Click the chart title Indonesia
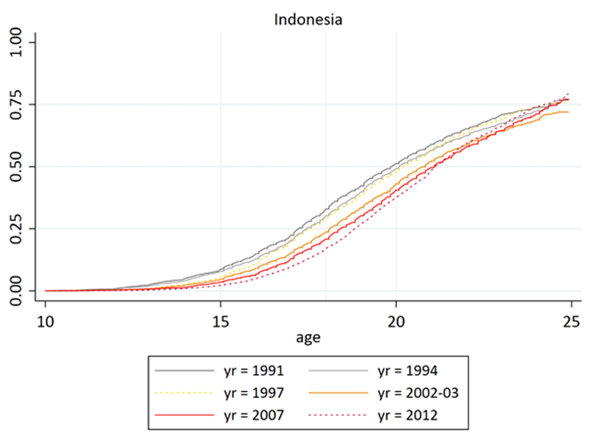coord(308,19)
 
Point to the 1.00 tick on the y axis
coord(16,42)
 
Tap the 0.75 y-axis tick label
coord(16,105)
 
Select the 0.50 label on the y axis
coord(16,167)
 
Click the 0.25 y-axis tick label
coord(16,229)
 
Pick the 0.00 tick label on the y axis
coord(16,291)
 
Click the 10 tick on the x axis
coord(45,322)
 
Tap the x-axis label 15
coord(221,322)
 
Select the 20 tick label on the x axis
coord(396,322)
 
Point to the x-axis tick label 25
coord(572,322)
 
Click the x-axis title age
coord(308,338)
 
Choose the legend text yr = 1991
coord(254,371)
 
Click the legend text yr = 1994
coord(408,371)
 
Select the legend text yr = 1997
coord(254,393)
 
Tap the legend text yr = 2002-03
coord(418,393)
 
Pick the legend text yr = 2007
coord(254,416)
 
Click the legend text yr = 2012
coord(408,416)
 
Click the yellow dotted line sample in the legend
coord(184,393)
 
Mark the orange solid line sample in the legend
coord(338,393)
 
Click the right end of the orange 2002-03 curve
coord(569,112)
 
